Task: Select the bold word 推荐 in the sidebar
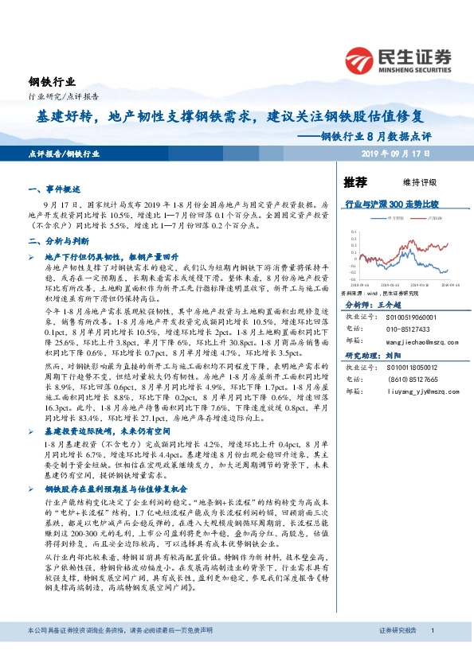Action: tap(355, 181)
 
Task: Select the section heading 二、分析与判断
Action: tap(54, 240)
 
